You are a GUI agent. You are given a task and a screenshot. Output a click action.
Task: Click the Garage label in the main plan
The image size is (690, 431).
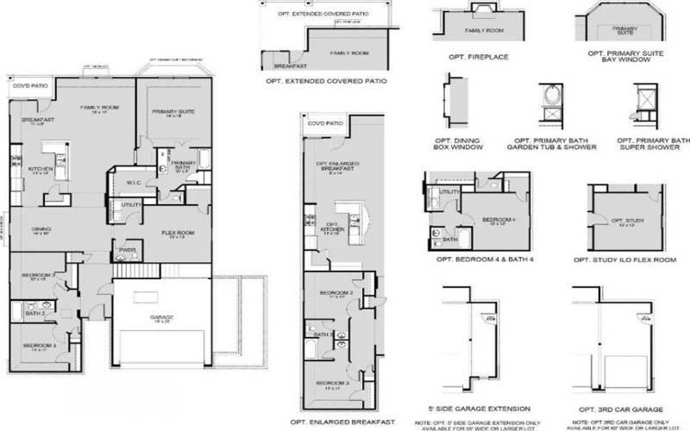(x=162, y=317)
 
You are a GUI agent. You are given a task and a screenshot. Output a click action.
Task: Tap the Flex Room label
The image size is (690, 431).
(x=178, y=233)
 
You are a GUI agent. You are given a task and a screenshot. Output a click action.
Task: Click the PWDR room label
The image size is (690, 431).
(x=127, y=250)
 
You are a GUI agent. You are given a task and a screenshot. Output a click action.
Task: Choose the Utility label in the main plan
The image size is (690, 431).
(x=131, y=204)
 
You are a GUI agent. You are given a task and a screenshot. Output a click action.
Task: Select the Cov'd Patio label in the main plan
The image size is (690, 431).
(x=26, y=87)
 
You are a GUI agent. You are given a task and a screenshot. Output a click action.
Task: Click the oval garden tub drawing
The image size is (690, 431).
(x=548, y=96)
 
